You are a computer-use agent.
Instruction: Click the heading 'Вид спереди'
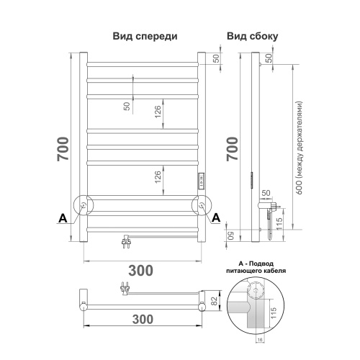click(145, 36)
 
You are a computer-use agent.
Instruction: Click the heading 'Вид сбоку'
click(251, 36)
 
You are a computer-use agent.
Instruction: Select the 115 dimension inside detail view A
click(274, 314)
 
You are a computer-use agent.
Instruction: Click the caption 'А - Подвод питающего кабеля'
click(256, 269)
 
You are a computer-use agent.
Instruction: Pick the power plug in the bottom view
click(125, 289)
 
